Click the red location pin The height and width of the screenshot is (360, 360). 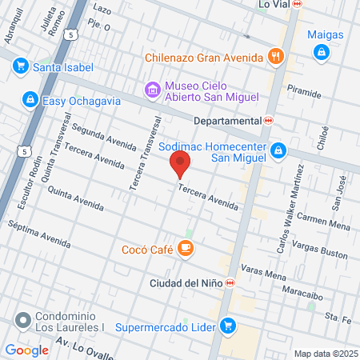point(180,165)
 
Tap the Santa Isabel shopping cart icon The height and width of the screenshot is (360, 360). point(21,66)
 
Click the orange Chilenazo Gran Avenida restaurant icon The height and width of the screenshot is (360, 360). point(276,57)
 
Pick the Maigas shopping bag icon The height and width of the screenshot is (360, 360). point(321,52)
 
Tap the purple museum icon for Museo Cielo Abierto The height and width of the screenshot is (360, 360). point(152,90)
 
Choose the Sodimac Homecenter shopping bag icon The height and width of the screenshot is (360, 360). point(278,150)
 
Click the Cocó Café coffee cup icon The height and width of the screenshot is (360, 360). point(186,250)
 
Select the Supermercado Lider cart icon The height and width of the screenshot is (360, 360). point(228,326)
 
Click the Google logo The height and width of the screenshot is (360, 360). point(27,350)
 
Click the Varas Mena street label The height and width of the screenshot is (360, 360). point(264,273)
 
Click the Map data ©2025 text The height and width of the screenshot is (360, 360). point(324,353)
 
